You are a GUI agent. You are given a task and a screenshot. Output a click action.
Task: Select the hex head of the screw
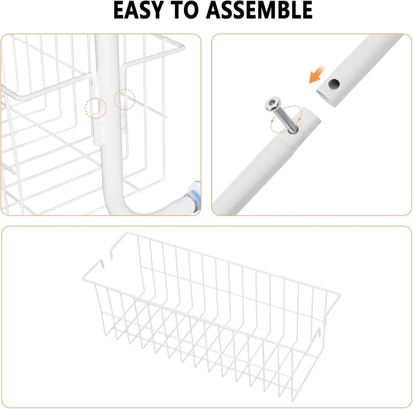[x=273, y=104]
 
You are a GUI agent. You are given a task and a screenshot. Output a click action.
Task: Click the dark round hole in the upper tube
[x=334, y=84]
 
